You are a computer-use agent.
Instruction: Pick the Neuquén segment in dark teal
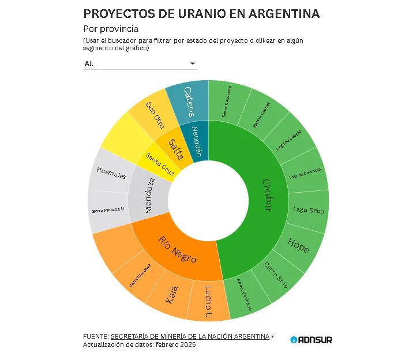(197, 142)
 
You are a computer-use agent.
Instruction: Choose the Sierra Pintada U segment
(108, 211)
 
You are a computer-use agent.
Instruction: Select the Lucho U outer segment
(208, 301)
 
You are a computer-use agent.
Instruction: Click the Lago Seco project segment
(308, 210)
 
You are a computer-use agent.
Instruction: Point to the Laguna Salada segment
(288, 138)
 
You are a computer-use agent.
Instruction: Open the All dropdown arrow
(193, 63)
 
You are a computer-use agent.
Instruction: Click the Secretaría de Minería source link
(190, 336)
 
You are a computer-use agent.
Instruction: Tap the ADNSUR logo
(311, 340)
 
